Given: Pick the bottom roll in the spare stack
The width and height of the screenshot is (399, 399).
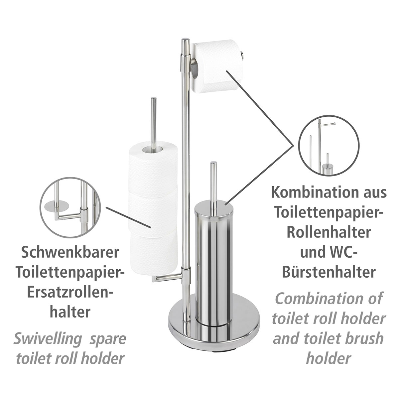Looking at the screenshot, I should [151, 253].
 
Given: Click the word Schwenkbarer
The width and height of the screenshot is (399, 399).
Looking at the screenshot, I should [70, 253].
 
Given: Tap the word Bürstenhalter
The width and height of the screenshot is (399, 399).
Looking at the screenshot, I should [329, 272].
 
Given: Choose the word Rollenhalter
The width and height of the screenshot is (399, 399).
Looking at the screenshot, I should [329, 232].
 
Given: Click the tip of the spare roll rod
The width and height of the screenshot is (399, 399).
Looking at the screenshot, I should [153, 99].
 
